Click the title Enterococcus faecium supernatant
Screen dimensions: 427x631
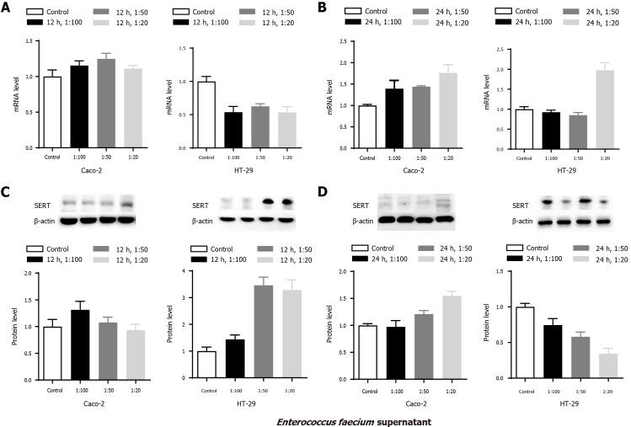point(315,417)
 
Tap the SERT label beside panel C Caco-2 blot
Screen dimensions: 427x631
point(26,203)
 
